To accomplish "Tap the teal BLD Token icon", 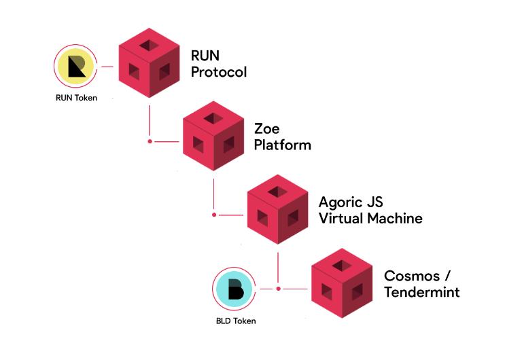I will [x=234, y=288].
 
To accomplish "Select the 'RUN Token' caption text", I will [x=77, y=98].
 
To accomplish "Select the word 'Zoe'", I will [x=267, y=128].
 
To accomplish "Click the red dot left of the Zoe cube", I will [x=150, y=141].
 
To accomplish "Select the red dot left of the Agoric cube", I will [x=214, y=215].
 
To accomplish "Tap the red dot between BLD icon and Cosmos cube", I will [x=278, y=288].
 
